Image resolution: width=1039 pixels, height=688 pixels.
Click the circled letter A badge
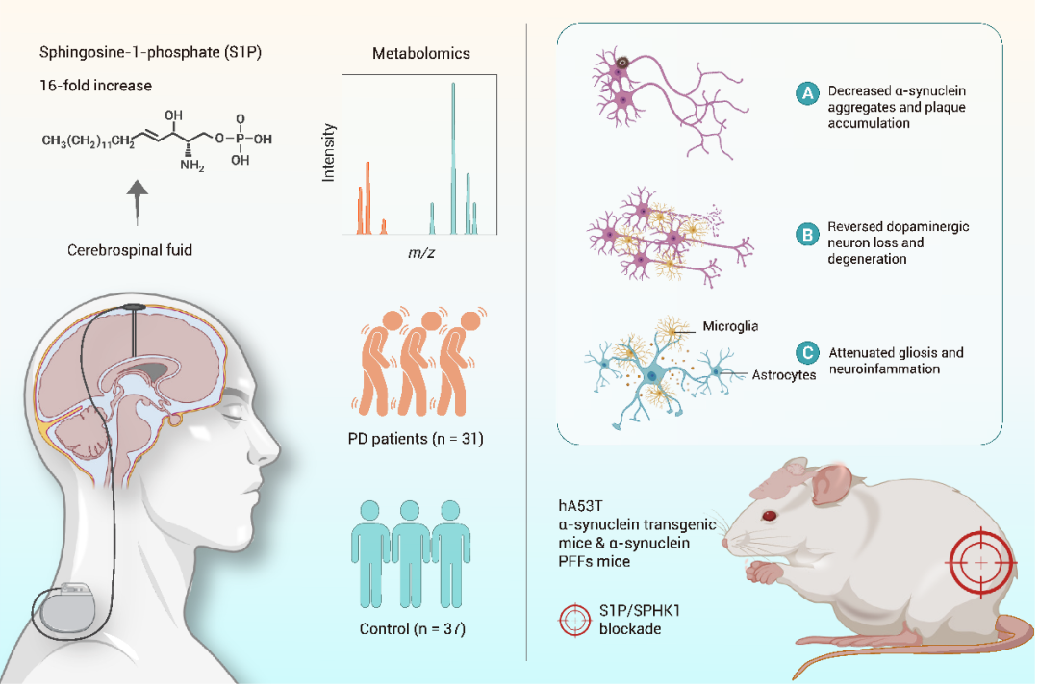point(807,93)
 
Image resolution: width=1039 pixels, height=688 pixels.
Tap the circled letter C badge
point(807,353)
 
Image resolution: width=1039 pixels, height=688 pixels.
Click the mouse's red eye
point(769,517)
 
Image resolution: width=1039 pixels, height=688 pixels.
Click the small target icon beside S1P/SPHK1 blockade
point(575,621)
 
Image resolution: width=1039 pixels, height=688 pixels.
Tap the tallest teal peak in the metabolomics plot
point(453,154)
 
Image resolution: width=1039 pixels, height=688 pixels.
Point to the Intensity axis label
point(329,152)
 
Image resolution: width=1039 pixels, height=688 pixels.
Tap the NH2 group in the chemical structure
point(191,166)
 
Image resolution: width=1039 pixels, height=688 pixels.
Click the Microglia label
point(730,326)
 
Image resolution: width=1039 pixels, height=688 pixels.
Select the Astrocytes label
point(784,374)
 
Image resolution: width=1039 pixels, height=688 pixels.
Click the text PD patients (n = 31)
point(416,440)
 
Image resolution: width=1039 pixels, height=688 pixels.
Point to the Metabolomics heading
point(421,54)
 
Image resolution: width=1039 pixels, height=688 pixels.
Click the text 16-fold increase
point(95,85)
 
